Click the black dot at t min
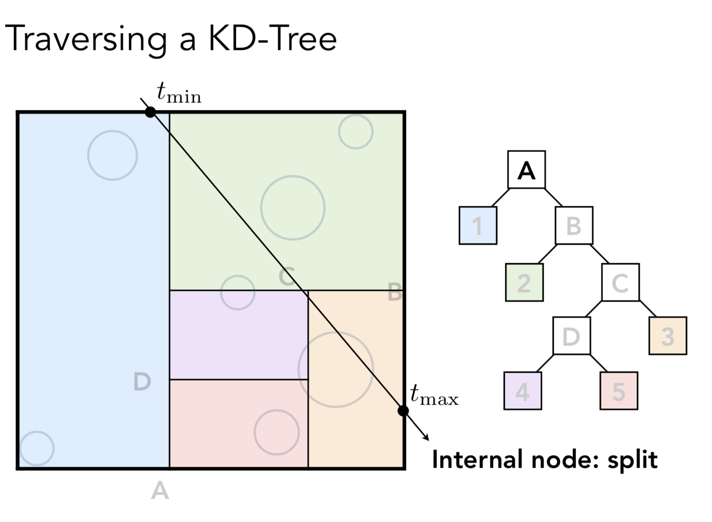[150, 112]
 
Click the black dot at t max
[403, 411]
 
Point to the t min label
[178, 93]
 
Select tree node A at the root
[526, 170]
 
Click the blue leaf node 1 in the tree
[478, 226]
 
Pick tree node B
[574, 226]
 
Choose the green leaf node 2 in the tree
[524, 282]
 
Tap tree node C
[620, 282]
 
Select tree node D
[571, 336]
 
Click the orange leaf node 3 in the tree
[667, 336]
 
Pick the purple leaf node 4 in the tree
[522, 391]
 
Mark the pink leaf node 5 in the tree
[618, 391]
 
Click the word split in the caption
[632, 460]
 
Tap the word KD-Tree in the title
[272, 39]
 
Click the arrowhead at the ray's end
[426, 437]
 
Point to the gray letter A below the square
[160, 490]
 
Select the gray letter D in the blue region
[142, 381]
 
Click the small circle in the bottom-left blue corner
[37, 448]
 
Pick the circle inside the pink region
[276, 432]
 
